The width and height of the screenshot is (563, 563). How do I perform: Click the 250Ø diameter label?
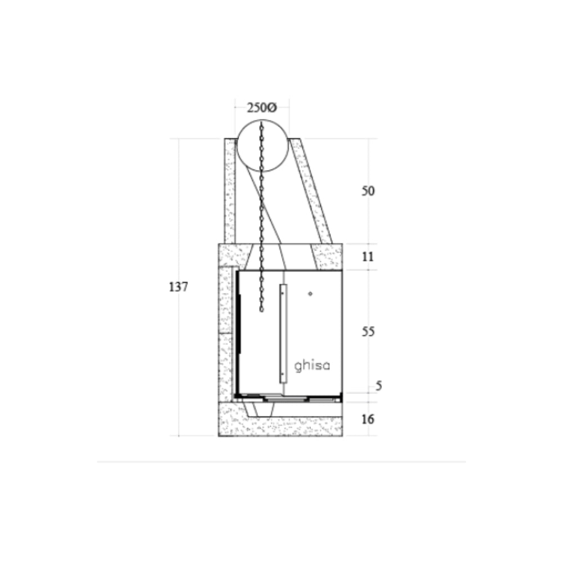(x=262, y=108)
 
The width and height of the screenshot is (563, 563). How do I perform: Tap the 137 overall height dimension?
(x=178, y=287)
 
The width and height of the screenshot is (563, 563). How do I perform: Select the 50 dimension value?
(x=368, y=191)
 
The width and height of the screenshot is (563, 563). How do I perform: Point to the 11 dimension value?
(x=368, y=257)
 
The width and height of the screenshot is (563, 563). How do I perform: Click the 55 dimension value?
(x=368, y=332)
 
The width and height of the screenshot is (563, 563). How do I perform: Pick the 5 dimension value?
(x=379, y=386)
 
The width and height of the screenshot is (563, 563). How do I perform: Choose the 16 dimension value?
(x=368, y=419)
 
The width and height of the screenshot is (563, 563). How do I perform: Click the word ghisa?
(x=312, y=366)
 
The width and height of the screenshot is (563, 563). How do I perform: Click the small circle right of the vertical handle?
(x=310, y=294)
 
